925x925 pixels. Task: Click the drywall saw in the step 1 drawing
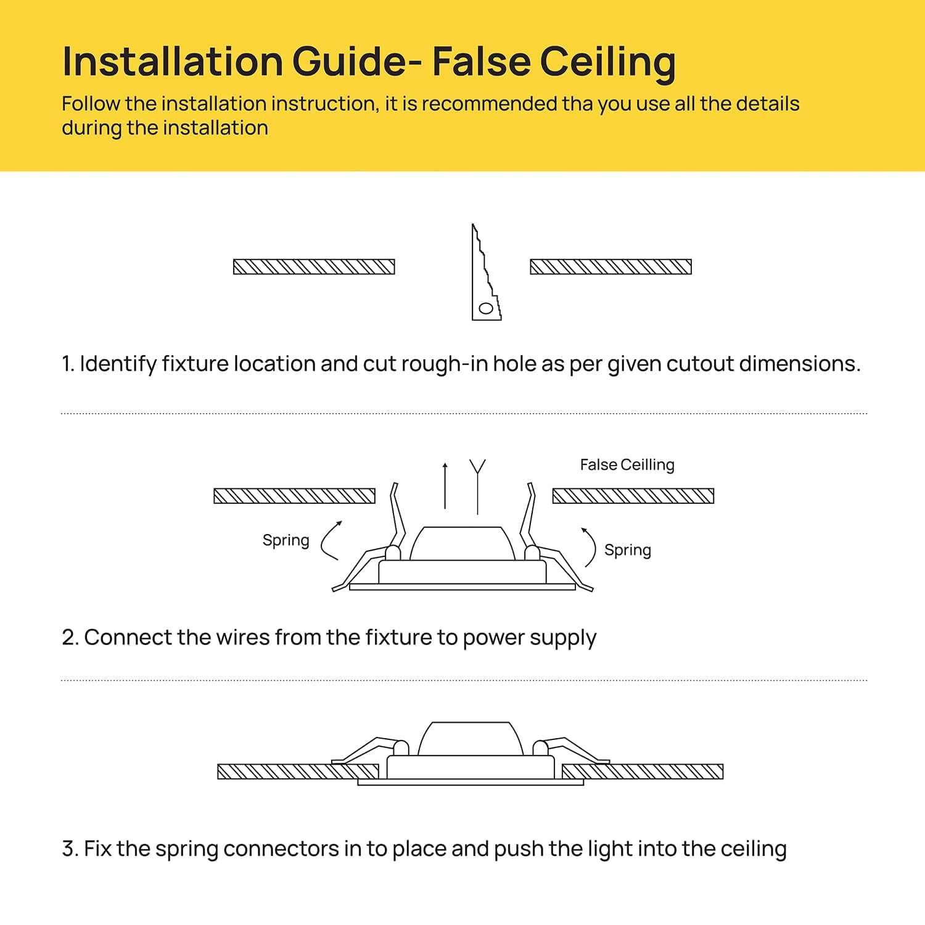pyautogui.click(x=486, y=272)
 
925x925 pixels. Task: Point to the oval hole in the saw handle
pyautogui.click(x=486, y=308)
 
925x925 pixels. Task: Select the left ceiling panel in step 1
pyautogui.click(x=314, y=266)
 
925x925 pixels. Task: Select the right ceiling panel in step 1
pyautogui.click(x=610, y=266)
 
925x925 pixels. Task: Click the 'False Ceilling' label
pyautogui.click(x=627, y=465)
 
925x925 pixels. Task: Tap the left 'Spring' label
pyautogui.click(x=286, y=541)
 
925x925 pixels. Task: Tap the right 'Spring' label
pyautogui.click(x=627, y=550)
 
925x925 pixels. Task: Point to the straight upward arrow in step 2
pyautogui.click(x=445, y=485)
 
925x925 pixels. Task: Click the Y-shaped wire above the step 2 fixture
pyautogui.click(x=477, y=487)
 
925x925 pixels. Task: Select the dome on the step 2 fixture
pyautogui.click(x=462, y=543)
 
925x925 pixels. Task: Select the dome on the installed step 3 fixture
pyautogui.click(x=471, y=739)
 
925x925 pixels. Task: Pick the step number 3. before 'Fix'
pyautogui.click(x=70, y=849)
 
